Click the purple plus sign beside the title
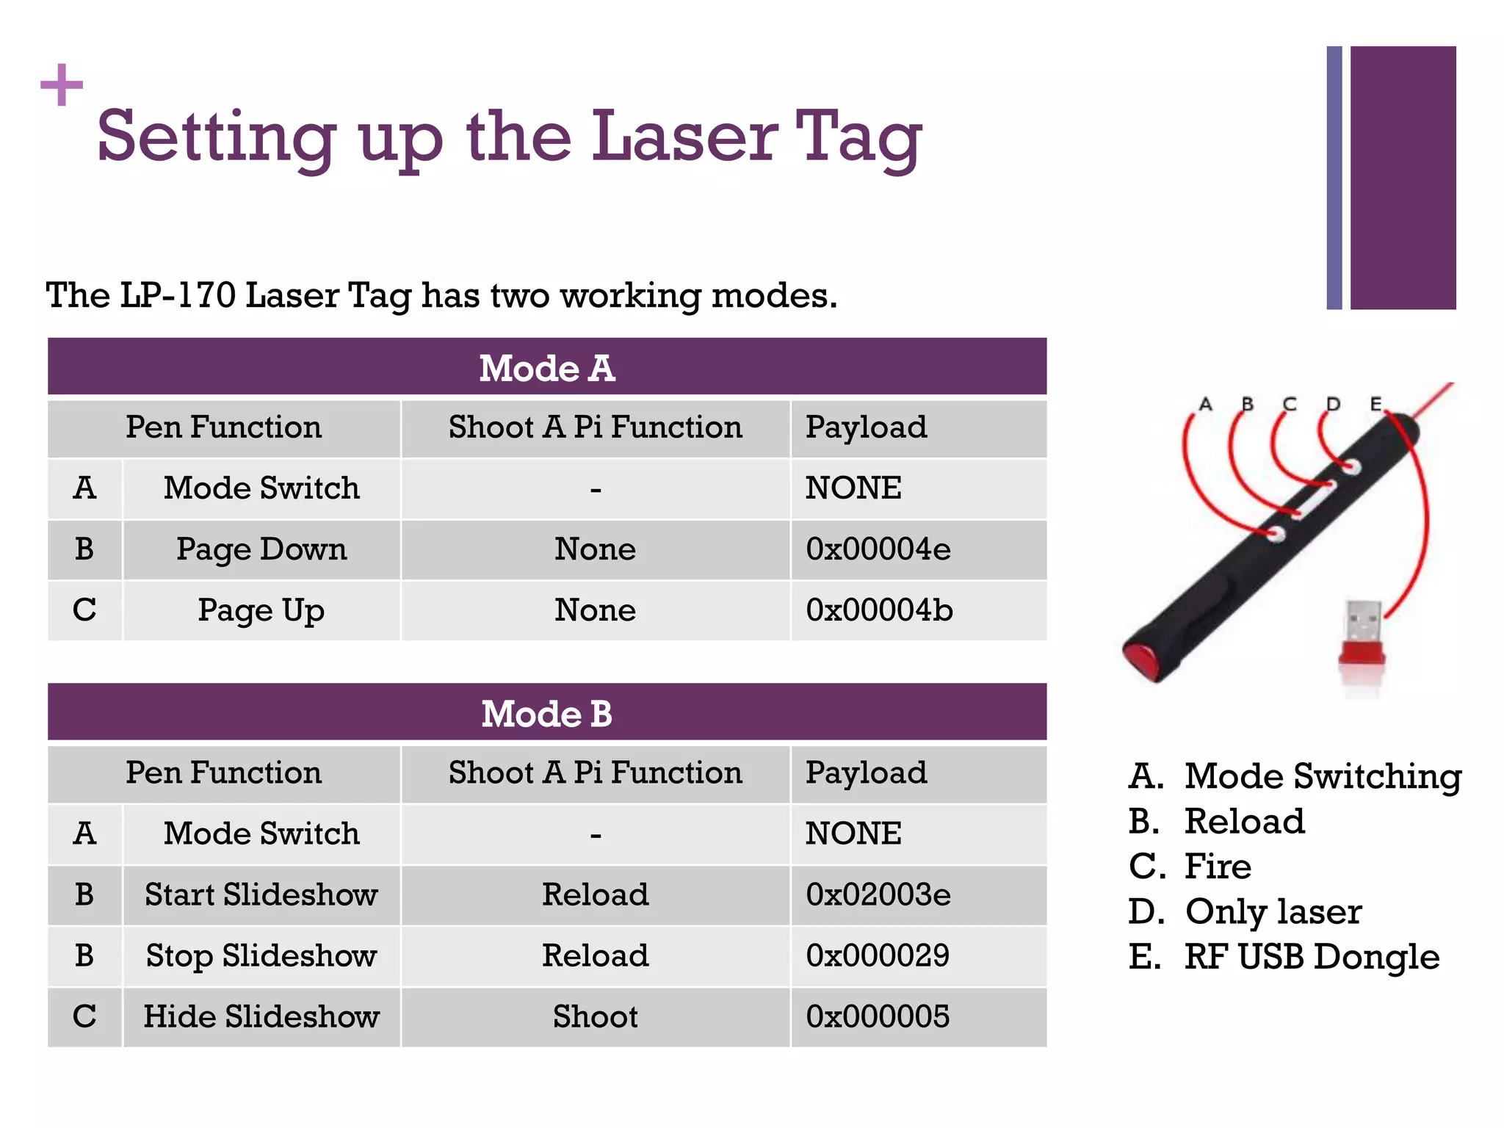click(62, 84)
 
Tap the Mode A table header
click(547, 368)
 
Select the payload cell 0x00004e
click(878, 549)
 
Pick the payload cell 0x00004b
click(879, 610)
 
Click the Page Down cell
click(261, 549)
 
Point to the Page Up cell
click(261, 610)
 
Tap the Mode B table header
click(547, 713)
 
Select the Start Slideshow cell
click(261, 894)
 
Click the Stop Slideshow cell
click(261, 955)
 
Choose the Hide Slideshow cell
click(261, 1016)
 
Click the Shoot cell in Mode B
click(595, 1016)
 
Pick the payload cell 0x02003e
click(878, 894)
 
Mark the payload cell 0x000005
click(878, 1016)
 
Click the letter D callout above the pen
click(1333, 404)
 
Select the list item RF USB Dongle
click(1311, 957)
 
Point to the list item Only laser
click(1273, 911)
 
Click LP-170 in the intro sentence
click(178, 295)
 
